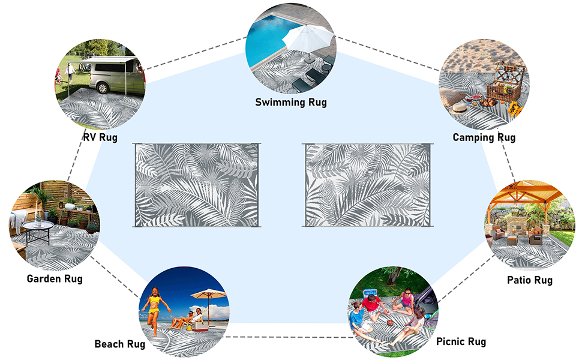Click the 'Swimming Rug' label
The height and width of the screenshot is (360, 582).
pyautogui.click(x=291, y=102)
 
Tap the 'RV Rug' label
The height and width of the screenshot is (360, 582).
pyautogui.click(x=100, y=137)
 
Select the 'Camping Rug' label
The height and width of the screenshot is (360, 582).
pyautogui.click(x=484, y=137)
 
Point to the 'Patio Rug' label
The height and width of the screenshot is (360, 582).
pyautogui.click(x=530, y=280)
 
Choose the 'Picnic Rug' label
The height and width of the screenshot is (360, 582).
pyautogui.click(x=461, y=341)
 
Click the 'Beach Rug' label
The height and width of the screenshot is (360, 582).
pyautogui.click(x=120, y=344)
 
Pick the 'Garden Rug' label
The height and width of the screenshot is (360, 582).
pyautogui.click(x=55, y=278)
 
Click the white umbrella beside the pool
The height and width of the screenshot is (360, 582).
pyautogui.click(x=308, y=38)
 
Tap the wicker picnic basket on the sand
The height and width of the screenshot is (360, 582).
pyautogui.click(x=505, y=83)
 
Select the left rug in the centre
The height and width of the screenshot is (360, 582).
pyautogui.click(x=197, y=185)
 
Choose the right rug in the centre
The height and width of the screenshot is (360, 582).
pyautogui.click(x=367, y=185)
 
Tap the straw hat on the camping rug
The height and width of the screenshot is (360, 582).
pyautogui.click(x=459, y=108)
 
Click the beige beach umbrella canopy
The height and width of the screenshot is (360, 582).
pyautogui.click(x=209, y=294)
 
